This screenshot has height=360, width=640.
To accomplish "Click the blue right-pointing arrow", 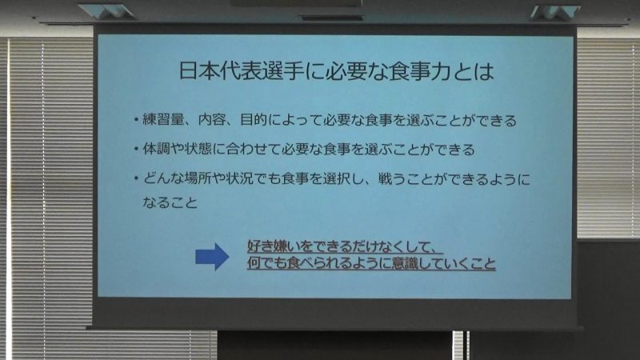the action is (x=212, y=257).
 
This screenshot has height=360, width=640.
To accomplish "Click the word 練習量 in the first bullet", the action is (x=163, y=119).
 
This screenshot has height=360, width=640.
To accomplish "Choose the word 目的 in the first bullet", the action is (x=254, y=119).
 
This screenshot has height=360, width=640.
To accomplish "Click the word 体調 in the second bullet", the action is (x=156, y=149).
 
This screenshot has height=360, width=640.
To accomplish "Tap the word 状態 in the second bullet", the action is (x=198, y=149).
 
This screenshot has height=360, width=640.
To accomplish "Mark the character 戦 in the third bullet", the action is (x=386, y=178).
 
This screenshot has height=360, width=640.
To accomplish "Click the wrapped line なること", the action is (x=170, y=202).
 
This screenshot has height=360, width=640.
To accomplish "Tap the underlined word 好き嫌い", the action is (x=267, y=246).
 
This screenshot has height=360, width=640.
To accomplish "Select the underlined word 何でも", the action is (x=267, y=263).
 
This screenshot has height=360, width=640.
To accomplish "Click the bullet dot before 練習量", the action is (x=136, y=119).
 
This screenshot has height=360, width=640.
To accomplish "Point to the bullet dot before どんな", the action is (x=136, y=178).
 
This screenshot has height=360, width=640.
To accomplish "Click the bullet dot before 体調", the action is (x=136, y=149).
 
